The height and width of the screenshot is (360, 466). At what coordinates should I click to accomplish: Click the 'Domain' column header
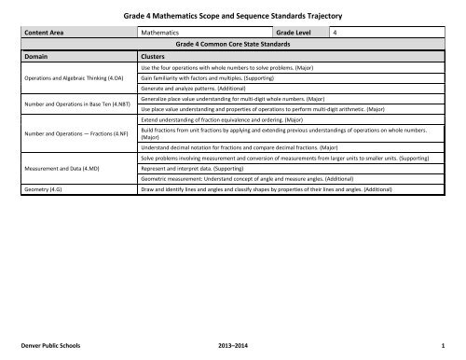37,56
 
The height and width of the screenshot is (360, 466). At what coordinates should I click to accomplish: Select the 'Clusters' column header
155,56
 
